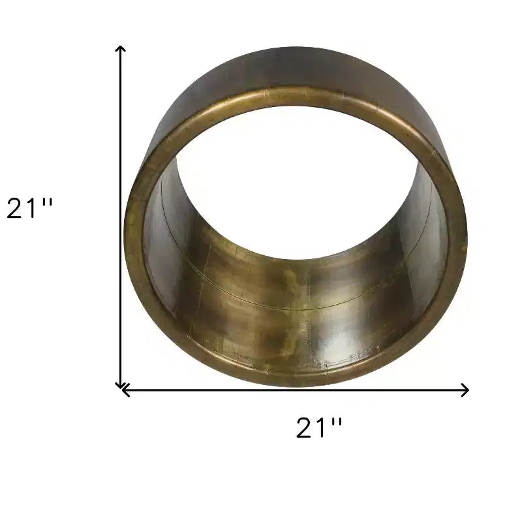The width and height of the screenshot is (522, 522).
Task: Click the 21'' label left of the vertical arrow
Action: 29,208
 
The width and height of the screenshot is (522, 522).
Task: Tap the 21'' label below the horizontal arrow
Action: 319,427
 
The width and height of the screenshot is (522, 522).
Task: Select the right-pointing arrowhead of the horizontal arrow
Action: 465,390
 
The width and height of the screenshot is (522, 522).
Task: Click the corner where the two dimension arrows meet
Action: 121,390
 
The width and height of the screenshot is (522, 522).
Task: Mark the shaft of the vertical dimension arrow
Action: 120,217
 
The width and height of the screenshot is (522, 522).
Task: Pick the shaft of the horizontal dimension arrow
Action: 296,390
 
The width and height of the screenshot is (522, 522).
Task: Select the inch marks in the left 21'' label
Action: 48,202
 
